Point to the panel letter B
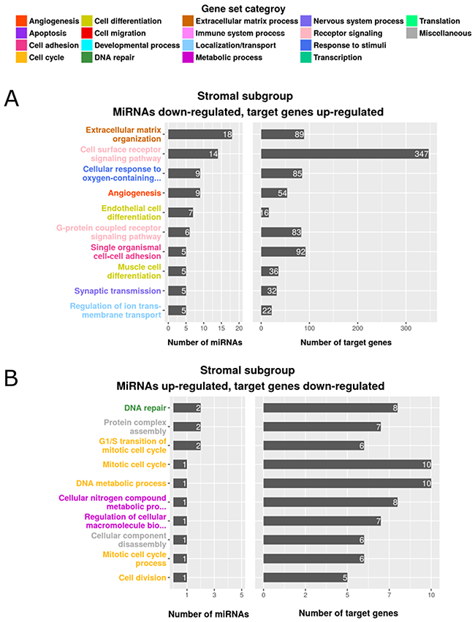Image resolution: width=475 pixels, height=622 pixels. pyautogui.click(x=12, y=378)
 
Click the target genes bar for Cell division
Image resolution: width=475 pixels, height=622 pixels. pyautogui.click(x=305, y=577)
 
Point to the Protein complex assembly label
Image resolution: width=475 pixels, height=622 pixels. pyautogui.click(x=127, y=426)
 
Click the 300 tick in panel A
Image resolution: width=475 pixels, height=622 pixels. pyautogui.click(x=405, y=329)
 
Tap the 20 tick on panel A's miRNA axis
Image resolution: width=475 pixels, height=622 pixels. pyautogui.click(x=240, y=329)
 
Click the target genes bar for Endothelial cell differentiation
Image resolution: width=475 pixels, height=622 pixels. pyautogui.click(x=265, y=212)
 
